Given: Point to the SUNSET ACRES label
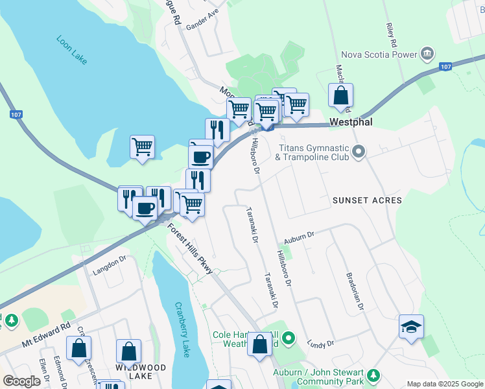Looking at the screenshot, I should coord(368,201).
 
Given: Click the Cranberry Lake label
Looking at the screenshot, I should coord(182,330).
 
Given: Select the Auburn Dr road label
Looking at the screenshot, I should coord(298,235).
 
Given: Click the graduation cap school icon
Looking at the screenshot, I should coord(411,327).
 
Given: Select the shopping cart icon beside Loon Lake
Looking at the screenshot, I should coord(142,146).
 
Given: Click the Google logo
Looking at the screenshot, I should coord(22,381).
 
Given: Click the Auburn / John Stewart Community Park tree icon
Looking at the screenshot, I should coord(373,375).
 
